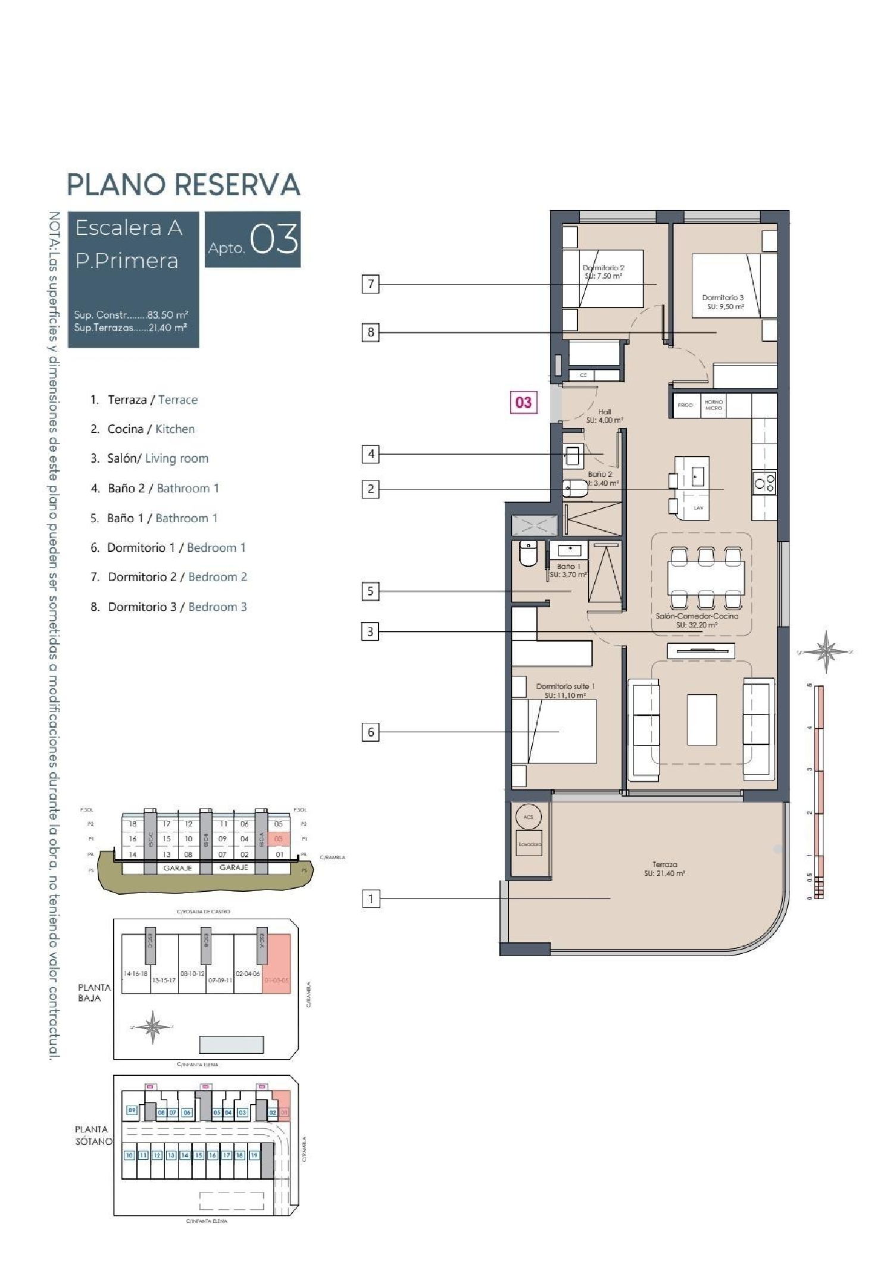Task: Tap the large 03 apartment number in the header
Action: pyautogui.click(x=274, y=239)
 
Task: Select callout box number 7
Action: pyautogui.click(x=370, y=284)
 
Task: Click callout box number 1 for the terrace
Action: pyautogui.click(x=370, y=898)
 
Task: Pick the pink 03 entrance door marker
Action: pyautogui.click(x=523, y=402)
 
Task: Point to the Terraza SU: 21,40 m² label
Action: pyautogui.click(x=664, y=869)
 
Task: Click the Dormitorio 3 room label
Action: pyautogui.click(x=722, y=302)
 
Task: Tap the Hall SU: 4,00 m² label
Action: pyautogui.click(x=604, y=416)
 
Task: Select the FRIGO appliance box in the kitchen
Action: pyautogui.click(x=685, y=405)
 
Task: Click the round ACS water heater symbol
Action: pyautogui.click(x=528, y=816)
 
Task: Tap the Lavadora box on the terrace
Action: pyautogui.click(x=529, y=844)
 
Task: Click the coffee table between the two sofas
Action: pyautogui.click(x=702, y=719)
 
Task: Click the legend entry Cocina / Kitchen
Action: pyautogui.click(x=151, y=429)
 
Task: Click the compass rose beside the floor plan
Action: pyautogui.click(x=826, y=651)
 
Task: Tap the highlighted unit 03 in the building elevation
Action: pyautogui.click(x=278, y=839)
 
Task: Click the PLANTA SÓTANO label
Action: pyautogui.click(x=93, y=1135)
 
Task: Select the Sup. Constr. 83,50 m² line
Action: pyautogui.click(x=131, y=315)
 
